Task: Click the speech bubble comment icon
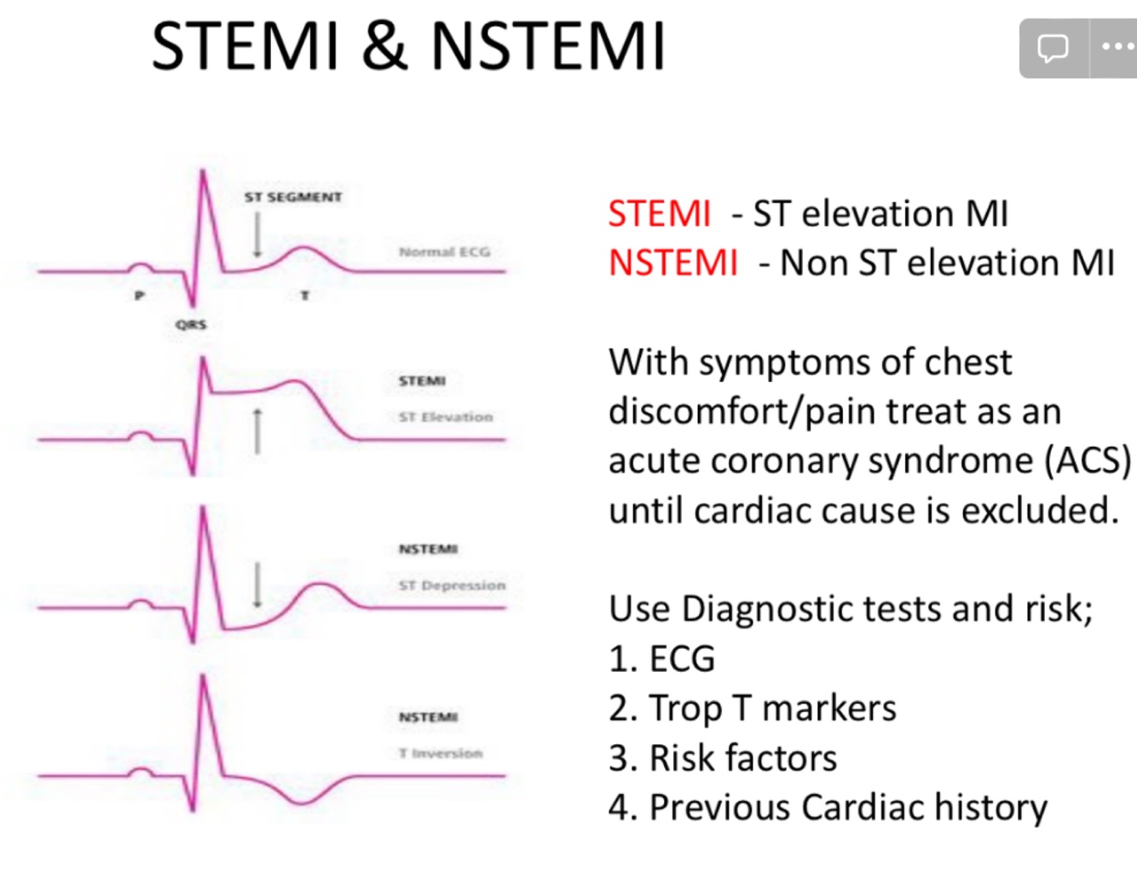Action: click(1053, 48)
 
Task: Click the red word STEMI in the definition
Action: click(659, 213)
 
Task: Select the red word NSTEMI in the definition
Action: click(673, 263)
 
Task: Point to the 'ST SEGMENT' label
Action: click(292, 197)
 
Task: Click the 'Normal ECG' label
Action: click(444, 252)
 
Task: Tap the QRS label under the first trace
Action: click(191, 324)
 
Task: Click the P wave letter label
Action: click(140, 295)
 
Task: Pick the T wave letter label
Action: click(304, 295)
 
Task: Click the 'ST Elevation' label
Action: click(445, 417)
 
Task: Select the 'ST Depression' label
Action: click(452, 585)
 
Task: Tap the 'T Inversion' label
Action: click(440, 753)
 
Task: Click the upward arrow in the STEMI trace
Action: click(257, 431)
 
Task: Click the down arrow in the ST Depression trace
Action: click(257, 585)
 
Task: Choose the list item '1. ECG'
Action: click(662, 658)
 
